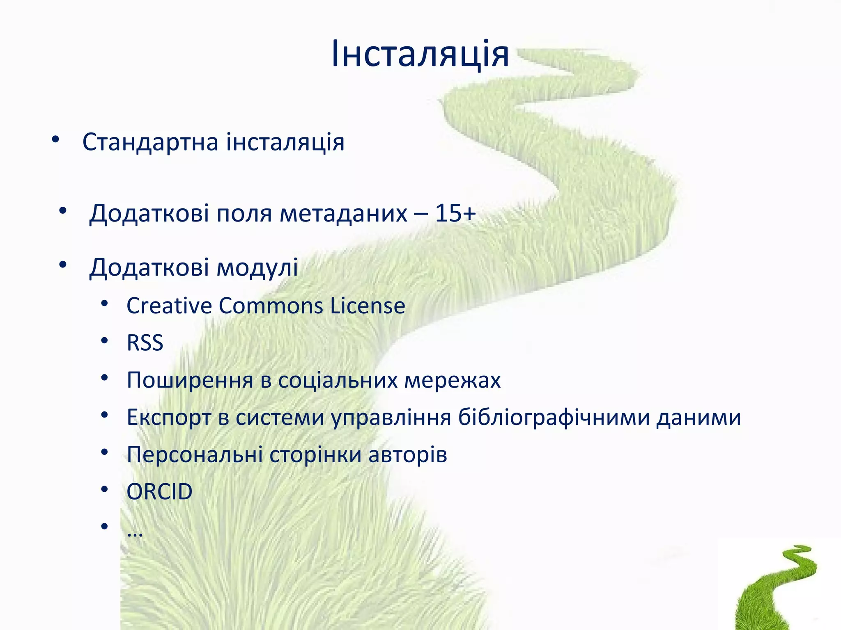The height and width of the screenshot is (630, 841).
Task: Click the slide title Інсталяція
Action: click(420, 54)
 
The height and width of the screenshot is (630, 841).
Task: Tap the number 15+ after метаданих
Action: click(455, 213)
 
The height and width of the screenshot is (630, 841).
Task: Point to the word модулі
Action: click(257, 267)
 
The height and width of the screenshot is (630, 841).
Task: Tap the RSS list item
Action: click(145, 342)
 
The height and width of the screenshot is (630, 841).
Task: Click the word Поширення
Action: click(190, 380)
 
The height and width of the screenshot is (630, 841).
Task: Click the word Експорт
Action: click(169, 418)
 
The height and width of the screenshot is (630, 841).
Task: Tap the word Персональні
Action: click(195, 454)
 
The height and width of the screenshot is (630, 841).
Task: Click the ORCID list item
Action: click(159, 491)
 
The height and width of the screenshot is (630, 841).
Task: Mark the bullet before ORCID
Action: click(104, 489)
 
